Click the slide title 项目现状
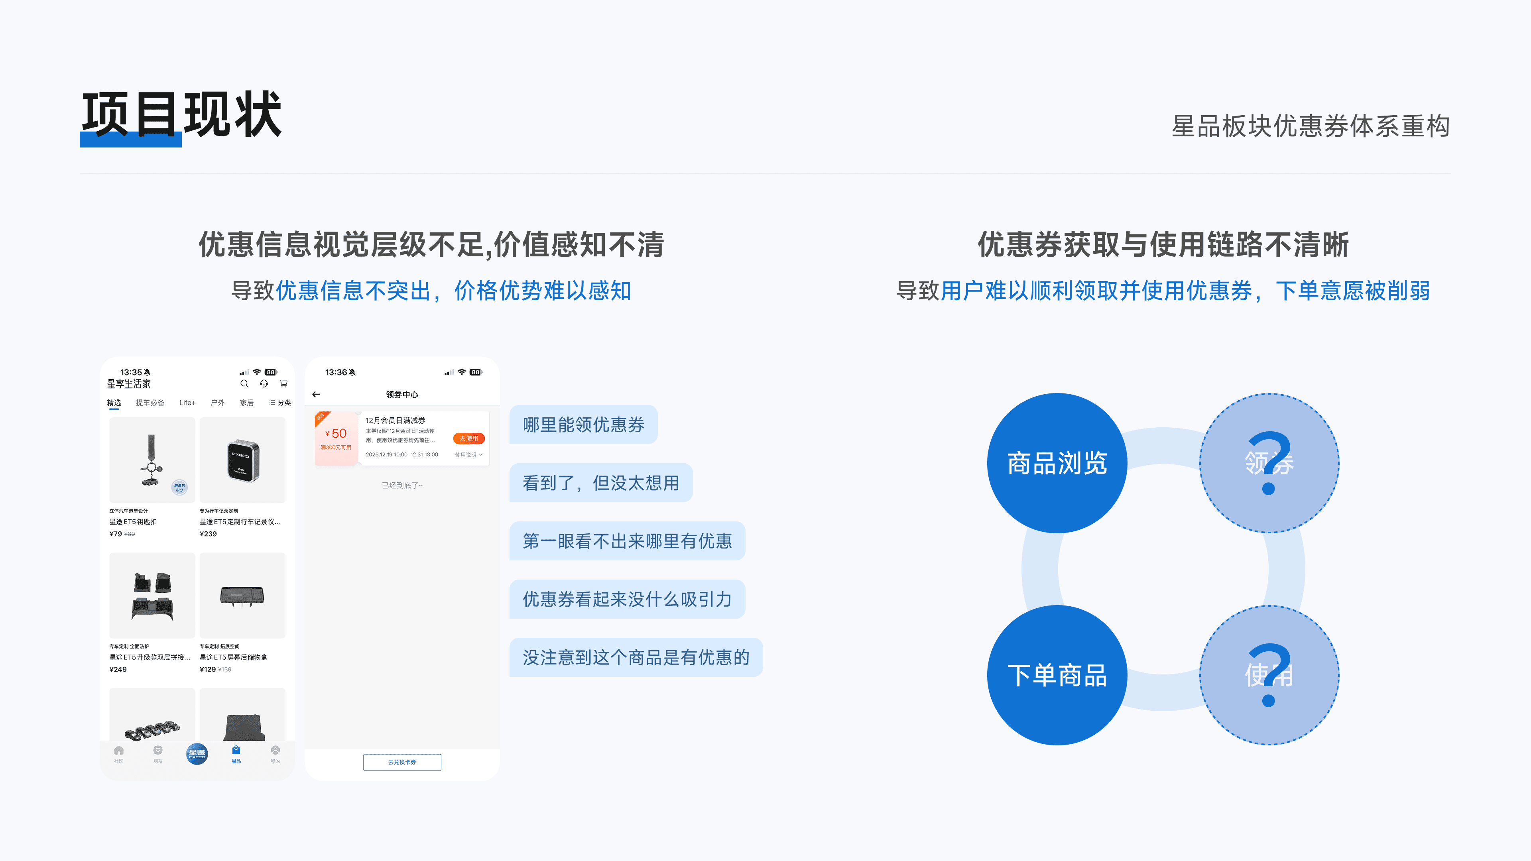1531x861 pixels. tap(181, 115)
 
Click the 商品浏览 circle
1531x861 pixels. tap(1057, 463)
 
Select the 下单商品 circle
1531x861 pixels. tap(1057, 675)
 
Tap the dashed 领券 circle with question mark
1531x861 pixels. tap(1269, 463)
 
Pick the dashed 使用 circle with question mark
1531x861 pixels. tap(1269, 675)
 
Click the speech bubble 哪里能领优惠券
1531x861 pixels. tap(583, 424)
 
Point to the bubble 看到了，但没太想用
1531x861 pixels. tap(600, 482)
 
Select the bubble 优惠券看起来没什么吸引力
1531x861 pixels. tap(626, 599)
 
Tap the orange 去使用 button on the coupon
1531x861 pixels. tap(468, 438)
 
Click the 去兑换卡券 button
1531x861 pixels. tap(402, 762)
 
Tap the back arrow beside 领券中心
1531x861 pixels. tap(316, 394)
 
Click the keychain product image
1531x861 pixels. tap(152, 459)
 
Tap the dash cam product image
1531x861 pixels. tap(242, 459)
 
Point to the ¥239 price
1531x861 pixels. tap(208, 534)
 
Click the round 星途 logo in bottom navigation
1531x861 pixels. tap(197, 753)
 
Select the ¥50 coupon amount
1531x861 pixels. tap(337, 434)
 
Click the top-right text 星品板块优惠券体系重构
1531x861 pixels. tap(1310, 126)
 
